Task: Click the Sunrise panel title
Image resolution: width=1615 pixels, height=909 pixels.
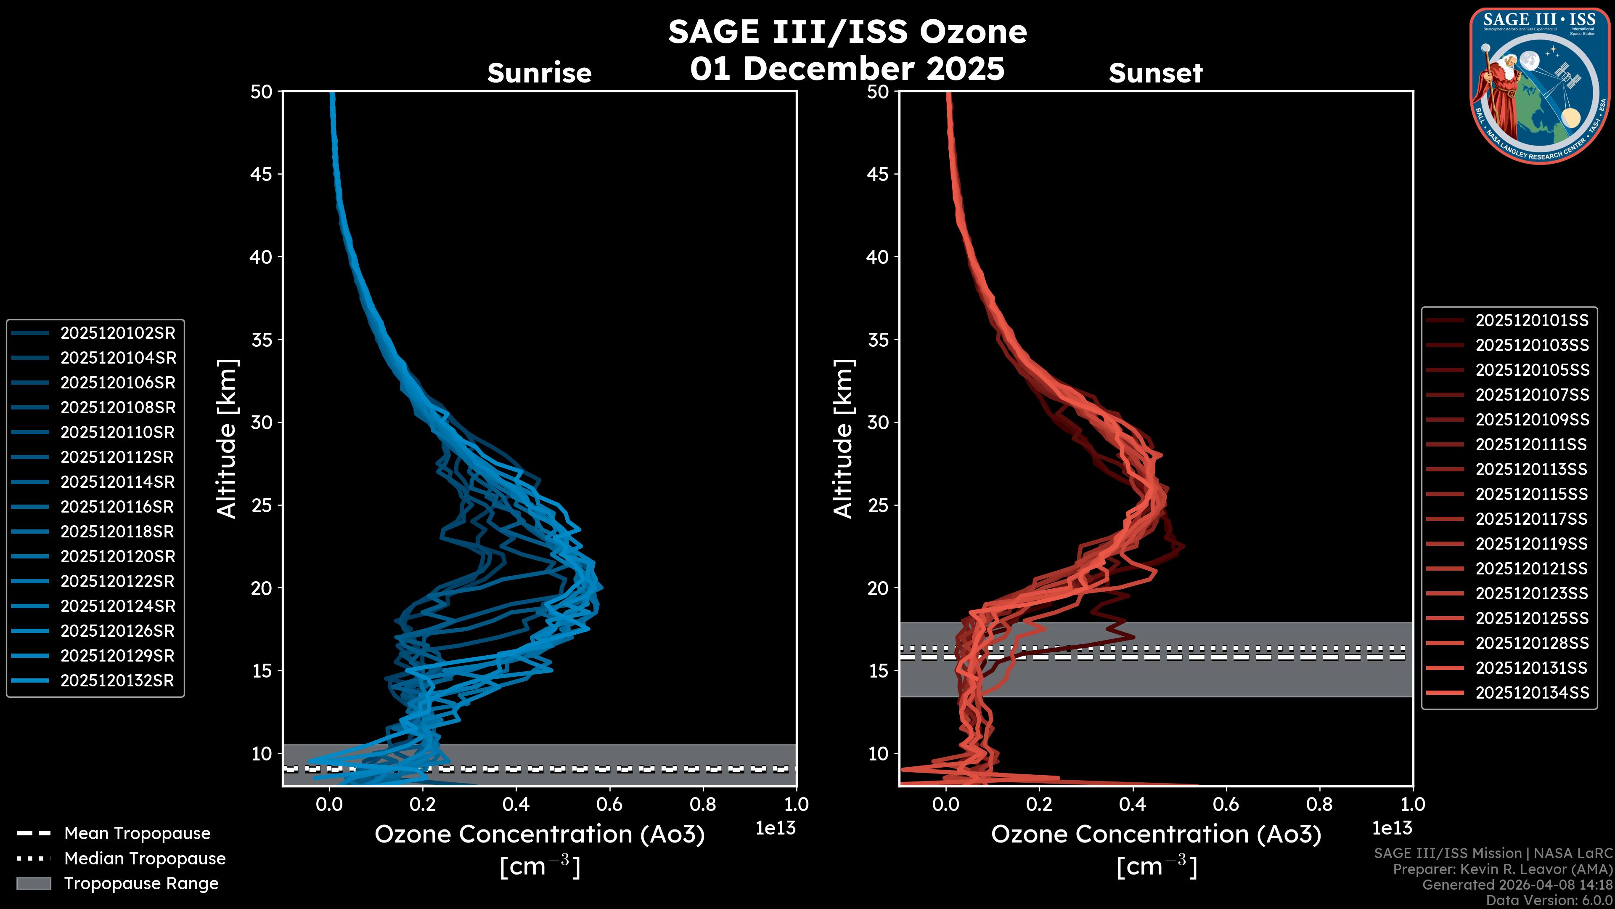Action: (539, 73)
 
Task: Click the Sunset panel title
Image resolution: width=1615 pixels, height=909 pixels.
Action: (1155, 73)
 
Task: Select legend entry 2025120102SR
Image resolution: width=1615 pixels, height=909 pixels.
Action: (118, 333)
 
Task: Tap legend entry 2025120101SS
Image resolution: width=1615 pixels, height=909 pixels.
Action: (1532, 321)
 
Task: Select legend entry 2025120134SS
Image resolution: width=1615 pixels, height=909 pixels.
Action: (1532, 693)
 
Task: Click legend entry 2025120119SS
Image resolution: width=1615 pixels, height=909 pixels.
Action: (1532, 544)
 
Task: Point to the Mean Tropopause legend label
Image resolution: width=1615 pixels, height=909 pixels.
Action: (137, 834)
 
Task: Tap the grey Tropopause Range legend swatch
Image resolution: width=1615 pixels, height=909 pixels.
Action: (33, 883)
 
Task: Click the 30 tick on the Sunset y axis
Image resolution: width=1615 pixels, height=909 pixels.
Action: (878, 422)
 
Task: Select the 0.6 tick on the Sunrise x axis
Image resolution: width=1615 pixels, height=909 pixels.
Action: (609, 804)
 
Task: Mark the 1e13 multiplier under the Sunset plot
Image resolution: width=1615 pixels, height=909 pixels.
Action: (1392, 828)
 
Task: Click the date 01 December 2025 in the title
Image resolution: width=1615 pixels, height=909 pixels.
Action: (847, 68)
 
